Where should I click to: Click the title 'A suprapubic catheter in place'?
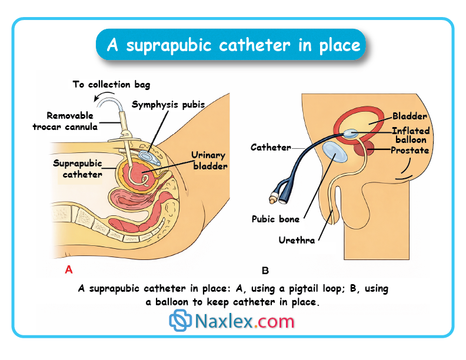[x=234, y=45]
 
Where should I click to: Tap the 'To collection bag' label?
[x=111, y=84]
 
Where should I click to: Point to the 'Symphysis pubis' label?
[x=168, y=105]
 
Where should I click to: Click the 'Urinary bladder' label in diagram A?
[x=209, y=161]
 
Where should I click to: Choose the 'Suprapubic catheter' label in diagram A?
[x=78, y=168]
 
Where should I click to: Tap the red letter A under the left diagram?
[x=68, y=270]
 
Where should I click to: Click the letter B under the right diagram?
[x=265, y=271]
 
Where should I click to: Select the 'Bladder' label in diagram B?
[x=410, y=116]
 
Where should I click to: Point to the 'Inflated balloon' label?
[x=411, y=135]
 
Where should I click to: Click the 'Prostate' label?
[x=410, y=151]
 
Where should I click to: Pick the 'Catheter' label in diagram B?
[x=271, y=147]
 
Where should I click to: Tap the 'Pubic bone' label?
[x=275, y=219]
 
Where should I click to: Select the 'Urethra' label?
[x=297, y=239]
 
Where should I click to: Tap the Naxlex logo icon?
[x=181, y=321]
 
